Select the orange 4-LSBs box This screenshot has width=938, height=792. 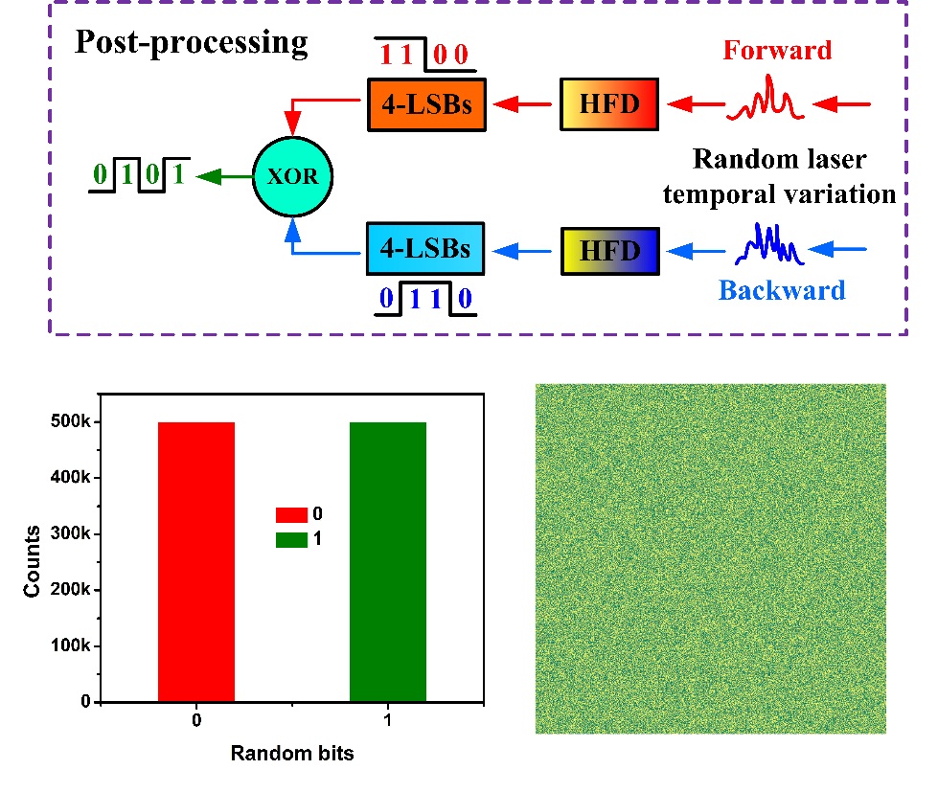tap(426, 104)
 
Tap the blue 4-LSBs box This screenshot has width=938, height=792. tap(426, 248)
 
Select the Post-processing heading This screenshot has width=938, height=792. tap(192, 43)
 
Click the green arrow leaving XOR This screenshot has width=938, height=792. tap(221, 176)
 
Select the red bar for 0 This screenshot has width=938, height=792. tap(196, 561)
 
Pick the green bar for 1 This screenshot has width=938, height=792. tap(387, 561)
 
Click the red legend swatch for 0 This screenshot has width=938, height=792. tap(290, 514)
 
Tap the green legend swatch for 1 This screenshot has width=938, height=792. tap(290, 539)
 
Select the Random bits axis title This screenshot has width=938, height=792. tap(292, 753)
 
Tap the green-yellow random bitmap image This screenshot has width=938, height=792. tap(710, 558)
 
